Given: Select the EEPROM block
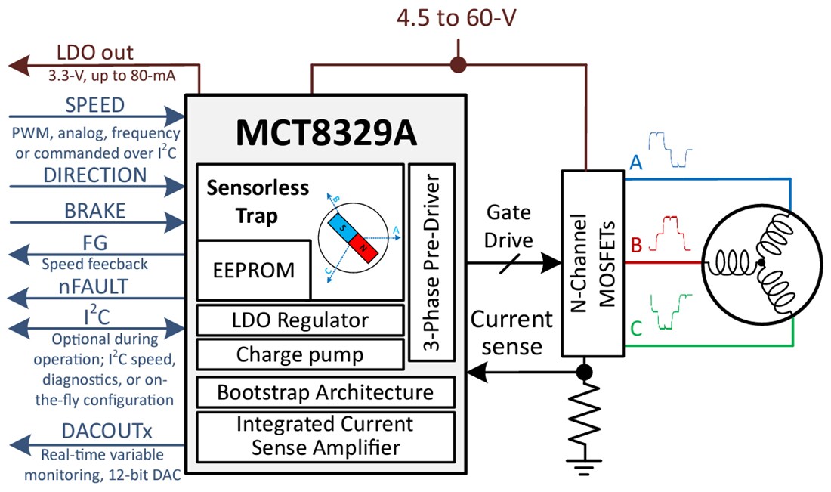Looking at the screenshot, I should pos(254,270).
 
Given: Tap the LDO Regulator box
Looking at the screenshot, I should pos(300,320).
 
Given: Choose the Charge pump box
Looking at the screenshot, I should pos(300,354).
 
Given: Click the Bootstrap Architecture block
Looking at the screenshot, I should pos(325,392).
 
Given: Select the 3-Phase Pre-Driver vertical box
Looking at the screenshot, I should pos(432,261).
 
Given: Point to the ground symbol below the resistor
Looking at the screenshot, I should pos(583,467).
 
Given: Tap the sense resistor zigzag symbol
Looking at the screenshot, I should pos(583,416).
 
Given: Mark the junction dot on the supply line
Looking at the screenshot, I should pos(457,65).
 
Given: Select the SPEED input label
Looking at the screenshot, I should pos(94,104).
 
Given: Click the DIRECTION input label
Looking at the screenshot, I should pos(94,175).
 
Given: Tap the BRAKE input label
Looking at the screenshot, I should pos(94,210).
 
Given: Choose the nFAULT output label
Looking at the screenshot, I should pos(94,287).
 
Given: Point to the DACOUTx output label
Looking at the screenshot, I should pos(107,432).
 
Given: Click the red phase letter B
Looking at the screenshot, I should pos(635,245).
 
